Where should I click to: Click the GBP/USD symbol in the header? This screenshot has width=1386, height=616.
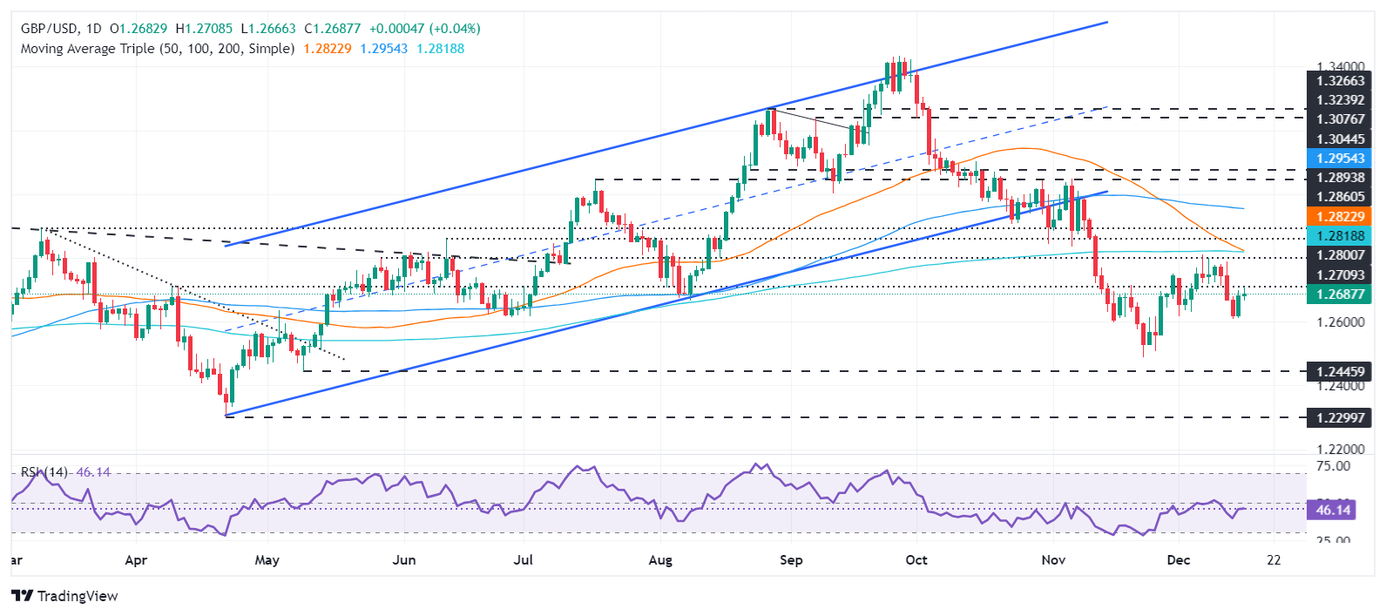pos(50,29)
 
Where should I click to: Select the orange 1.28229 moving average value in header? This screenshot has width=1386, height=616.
pos(328,49)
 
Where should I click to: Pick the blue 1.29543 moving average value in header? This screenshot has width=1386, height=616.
pos(384,49)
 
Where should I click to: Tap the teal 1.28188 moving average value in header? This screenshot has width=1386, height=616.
pos(441,49)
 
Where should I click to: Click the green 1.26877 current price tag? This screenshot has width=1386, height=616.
pos(1340,294)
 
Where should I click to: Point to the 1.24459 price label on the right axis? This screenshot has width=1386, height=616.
pos(1340,372)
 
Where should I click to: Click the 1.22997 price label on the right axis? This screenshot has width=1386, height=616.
pos(1340,418)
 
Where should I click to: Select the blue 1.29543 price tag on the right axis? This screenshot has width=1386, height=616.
pos(1340,158)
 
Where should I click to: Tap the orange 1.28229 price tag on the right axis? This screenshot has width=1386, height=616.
pos(1340,216)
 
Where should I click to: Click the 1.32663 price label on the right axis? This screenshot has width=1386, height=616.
pos(1340,81)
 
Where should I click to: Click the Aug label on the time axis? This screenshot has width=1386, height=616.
pos(660,559)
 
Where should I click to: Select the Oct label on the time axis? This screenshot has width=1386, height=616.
pos(916,559)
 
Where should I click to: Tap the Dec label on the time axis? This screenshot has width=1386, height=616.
pos(1178,559)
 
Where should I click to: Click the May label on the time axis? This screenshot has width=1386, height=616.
pos(267,559)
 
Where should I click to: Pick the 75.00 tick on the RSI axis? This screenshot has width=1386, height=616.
pos(1333,466)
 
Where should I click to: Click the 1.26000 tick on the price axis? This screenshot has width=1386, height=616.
pos(1340,322)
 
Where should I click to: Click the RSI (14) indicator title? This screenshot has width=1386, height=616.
pos(44,472)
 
